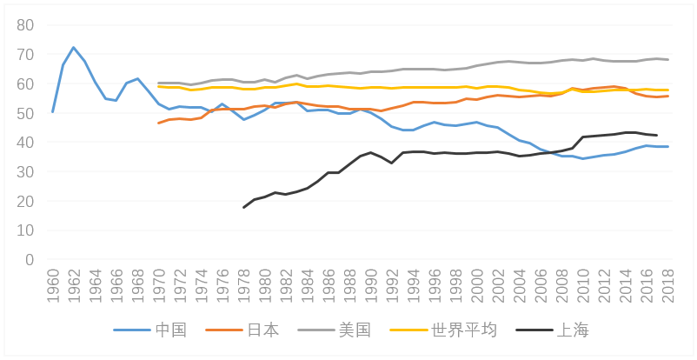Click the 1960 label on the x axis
tap(53, 285)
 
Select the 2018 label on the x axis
tap(667, 285)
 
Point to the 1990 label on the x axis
tap(371, 285)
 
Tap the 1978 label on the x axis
tap(243, 285)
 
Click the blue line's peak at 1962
tap(74, 48)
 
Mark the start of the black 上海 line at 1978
tap(243, 207)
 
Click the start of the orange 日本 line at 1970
tap(159, 123)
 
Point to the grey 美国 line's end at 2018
tap(667, 59)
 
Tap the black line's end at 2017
tap(657, 136)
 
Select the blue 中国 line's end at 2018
tap(667, 146)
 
